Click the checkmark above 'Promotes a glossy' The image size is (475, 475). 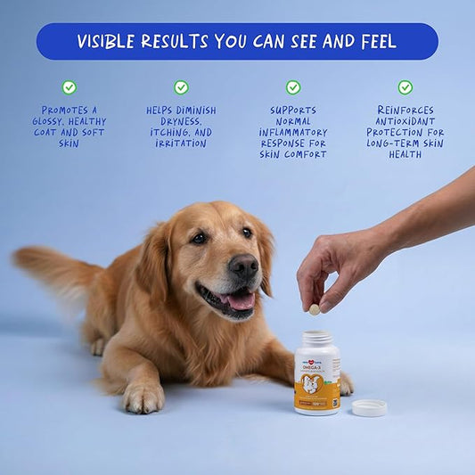coord(69,87)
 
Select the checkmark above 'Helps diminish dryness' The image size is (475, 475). coord(181,87)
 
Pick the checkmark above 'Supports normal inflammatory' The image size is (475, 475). coord(293,87)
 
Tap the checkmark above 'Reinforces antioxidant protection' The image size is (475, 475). coord(405,87)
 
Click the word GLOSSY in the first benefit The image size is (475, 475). coord(50,121)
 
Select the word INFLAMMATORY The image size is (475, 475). coord(293,132)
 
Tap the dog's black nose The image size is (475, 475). coord(242,266)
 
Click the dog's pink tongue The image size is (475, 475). coord(240,300)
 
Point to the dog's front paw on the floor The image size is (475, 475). coord(143,396)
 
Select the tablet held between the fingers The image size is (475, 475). coord(314,309)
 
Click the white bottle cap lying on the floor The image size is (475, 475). coord(369,407)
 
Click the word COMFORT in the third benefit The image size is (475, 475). coord(307,154)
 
